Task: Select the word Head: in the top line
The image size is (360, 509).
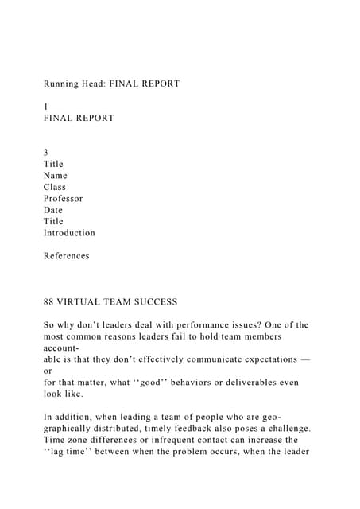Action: [x=101, y=84]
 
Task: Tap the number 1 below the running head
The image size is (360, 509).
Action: [x=46, y=107]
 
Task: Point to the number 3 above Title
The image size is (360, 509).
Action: [x=46, y=153]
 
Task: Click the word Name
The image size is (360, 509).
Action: [x=56, y=176]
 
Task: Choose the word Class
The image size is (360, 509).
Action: [x=55, y=187]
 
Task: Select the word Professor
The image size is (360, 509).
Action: [x=64, y=199]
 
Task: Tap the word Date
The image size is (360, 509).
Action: [x=53, y=210]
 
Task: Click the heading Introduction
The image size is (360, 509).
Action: [x=69, y=233]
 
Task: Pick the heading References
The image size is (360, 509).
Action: [x=67, y=256]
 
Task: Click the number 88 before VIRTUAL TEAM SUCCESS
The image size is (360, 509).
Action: [x=50, y=302]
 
